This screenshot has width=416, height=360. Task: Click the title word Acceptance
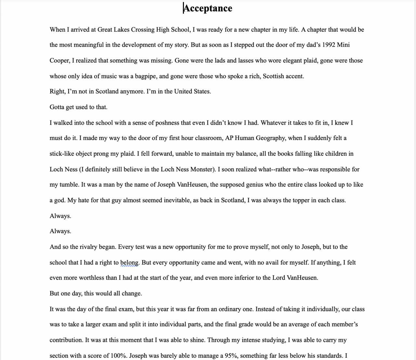(208, 8)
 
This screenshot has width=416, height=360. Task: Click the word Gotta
(57, 107)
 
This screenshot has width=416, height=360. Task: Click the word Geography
(271, 138)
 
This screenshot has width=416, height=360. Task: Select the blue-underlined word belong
(129, 263)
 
